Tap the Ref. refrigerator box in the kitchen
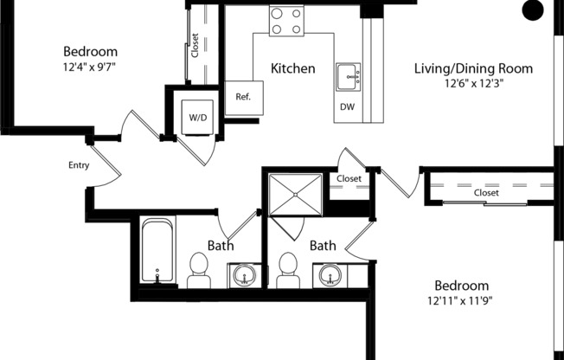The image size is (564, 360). click(x=243, y=97)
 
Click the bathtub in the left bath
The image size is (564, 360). click(x=157, y=252)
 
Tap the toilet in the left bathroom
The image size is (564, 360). click(x=199, y=270)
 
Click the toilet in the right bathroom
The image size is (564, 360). click(x=288, y=270)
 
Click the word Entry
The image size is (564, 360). click(x=79, y=164)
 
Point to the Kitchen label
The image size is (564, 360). click(x=292, y=68)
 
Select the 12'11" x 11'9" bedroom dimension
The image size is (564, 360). click(x=461, y=301)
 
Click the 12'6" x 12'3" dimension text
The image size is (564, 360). click(x=473, y=84)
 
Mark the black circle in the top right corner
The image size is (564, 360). click(x=534, y=10)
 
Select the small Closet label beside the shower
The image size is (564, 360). click(x=349, y=179)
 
